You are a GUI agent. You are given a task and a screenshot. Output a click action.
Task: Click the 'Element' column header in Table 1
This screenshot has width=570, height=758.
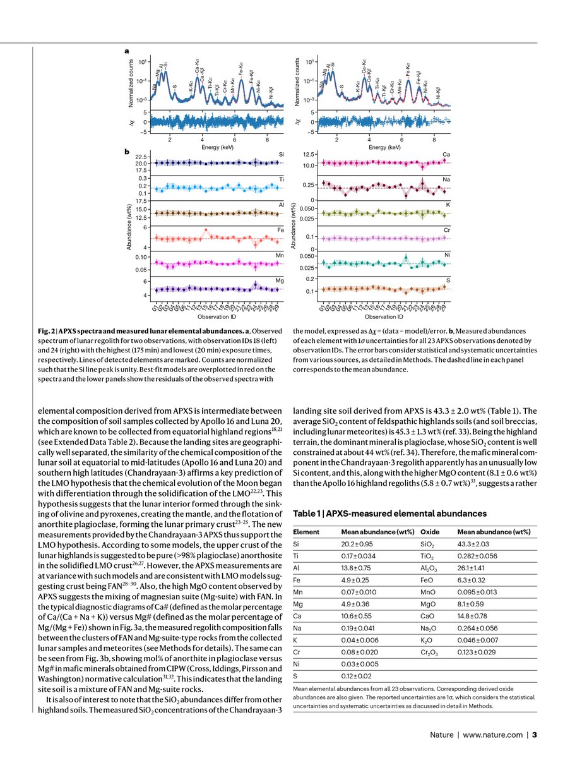click(x=306, y=532)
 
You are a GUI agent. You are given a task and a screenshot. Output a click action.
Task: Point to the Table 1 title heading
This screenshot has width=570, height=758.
click(x=386, y=513)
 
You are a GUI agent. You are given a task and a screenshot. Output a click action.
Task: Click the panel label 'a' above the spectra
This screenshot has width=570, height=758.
click(x=126, y=49)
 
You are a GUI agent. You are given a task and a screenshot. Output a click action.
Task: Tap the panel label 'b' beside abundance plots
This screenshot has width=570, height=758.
click(x=126, y=152)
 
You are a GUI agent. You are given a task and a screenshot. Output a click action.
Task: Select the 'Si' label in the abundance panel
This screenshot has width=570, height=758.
click(x=281, y=155)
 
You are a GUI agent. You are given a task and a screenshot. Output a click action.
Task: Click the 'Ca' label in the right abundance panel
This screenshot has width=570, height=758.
click(x=446, y=155)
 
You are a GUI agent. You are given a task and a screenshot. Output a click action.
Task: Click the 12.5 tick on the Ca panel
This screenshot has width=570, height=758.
click(x=308, y=155)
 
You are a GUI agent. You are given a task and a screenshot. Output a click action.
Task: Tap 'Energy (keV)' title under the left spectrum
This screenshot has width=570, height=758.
click(x=220, y=147)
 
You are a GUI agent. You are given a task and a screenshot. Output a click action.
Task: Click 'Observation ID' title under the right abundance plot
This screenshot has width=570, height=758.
click(x=384, y=316)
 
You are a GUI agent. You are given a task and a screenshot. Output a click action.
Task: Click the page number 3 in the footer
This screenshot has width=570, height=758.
click(x=534, y=734)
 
